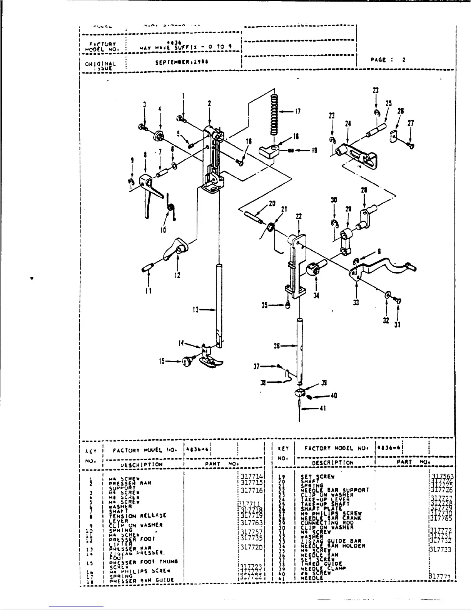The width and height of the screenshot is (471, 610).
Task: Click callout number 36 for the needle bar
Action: tap(276, 346)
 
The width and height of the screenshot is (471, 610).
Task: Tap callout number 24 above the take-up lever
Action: tap(348, 124)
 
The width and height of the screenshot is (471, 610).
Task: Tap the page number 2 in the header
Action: tap(404, 60)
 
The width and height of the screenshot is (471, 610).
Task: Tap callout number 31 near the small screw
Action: tap(398, 325)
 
